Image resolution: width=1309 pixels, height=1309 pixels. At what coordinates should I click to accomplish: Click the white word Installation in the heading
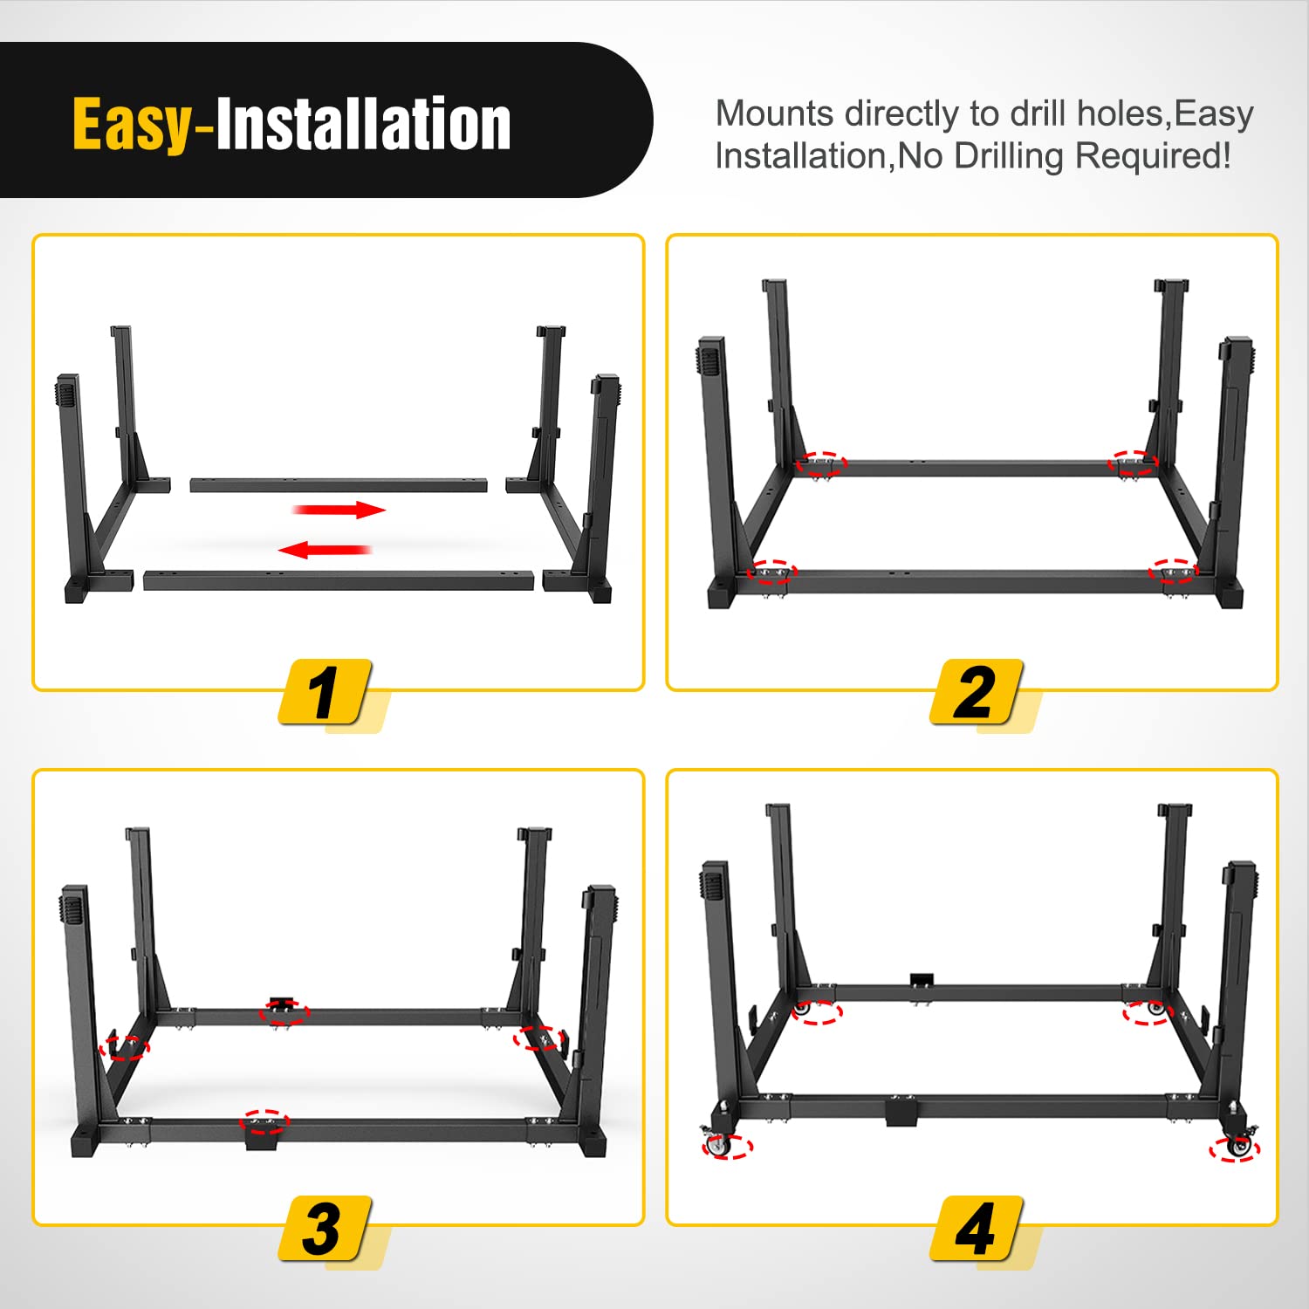363,125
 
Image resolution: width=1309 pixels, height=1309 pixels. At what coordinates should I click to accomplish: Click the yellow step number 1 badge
325,692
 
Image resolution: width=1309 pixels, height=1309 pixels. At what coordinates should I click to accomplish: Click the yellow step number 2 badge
976,692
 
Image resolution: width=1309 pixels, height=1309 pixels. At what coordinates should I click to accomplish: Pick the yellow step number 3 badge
325,1228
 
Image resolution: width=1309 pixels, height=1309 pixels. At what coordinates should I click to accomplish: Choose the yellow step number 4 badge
976,1228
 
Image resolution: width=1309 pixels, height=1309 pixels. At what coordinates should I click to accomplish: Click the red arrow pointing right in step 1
340,510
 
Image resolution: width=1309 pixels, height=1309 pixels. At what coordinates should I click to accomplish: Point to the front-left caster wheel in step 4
719,1145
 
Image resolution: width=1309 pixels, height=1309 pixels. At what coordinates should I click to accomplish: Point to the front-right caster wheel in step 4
1237,1147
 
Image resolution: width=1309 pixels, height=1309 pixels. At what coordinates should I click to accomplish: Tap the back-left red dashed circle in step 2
820,463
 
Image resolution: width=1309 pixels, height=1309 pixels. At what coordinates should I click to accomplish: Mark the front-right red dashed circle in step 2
1172,571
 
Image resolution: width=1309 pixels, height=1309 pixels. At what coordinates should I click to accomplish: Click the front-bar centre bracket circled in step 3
264,1123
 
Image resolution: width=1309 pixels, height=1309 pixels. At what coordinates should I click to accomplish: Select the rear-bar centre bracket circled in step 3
283,1011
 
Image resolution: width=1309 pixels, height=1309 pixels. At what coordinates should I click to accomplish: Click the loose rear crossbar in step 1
339,484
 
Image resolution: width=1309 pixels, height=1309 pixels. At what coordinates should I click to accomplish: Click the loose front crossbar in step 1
339,580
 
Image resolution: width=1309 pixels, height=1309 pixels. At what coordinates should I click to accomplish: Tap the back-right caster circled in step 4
1148,1011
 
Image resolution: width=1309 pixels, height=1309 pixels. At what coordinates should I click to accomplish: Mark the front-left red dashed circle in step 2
772,572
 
